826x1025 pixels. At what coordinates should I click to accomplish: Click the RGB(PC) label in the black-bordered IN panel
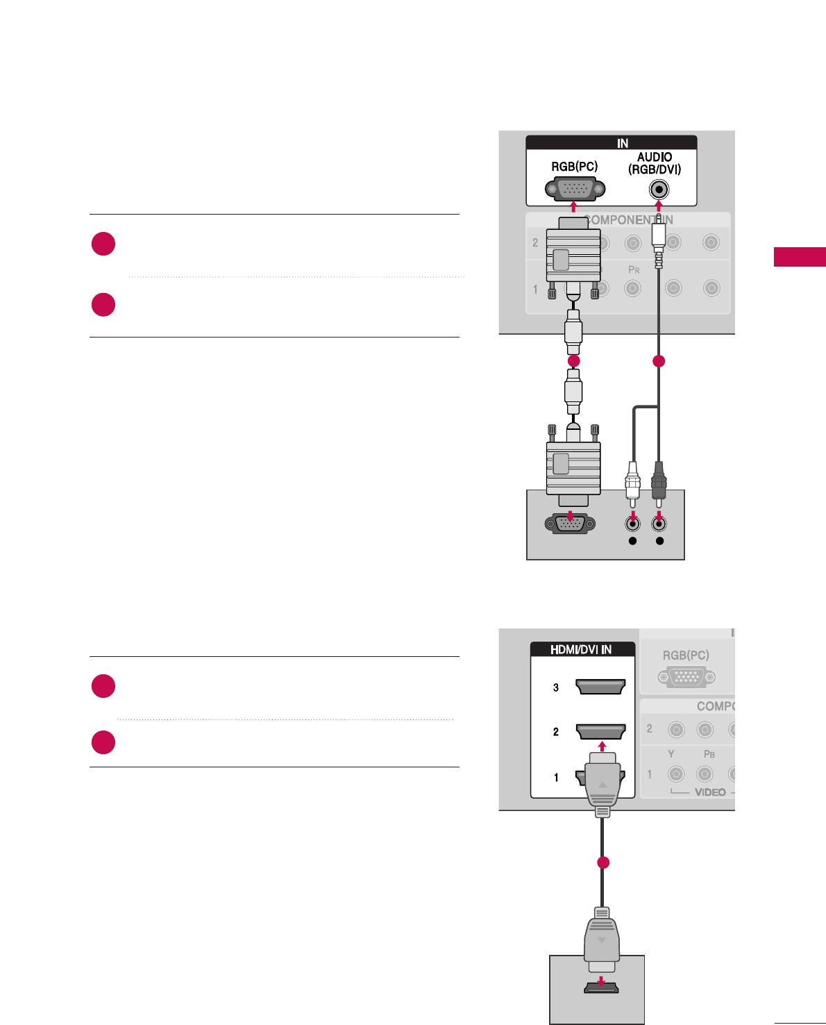coord(574,167)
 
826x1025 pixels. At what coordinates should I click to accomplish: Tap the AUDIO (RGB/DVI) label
coord(655,163)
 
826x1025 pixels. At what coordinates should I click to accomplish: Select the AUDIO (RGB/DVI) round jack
coord(659,189)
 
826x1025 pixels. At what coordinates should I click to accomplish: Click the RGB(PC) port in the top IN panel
coord(575,189)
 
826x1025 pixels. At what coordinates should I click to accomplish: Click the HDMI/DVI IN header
coord(582,650)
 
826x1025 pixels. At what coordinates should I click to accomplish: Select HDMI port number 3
coord(600,687)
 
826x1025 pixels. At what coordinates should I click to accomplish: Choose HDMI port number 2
coord(600,731)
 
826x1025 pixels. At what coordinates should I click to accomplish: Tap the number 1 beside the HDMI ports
coord(556,778)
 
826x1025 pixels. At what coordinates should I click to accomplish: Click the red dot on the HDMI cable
coord(603,862)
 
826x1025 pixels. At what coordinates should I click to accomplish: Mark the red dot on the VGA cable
coord(573,361)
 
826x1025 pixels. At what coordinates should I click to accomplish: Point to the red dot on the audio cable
coord(659,361)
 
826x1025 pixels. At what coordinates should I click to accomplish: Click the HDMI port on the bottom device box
coord(601,986)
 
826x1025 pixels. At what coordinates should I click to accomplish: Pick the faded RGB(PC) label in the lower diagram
coord(686,655)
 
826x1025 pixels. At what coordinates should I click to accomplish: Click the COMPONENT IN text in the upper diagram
coord(629,220)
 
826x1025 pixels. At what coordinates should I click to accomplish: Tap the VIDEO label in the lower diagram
coord(710,792)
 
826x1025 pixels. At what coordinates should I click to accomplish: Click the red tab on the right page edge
coord(800,257)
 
